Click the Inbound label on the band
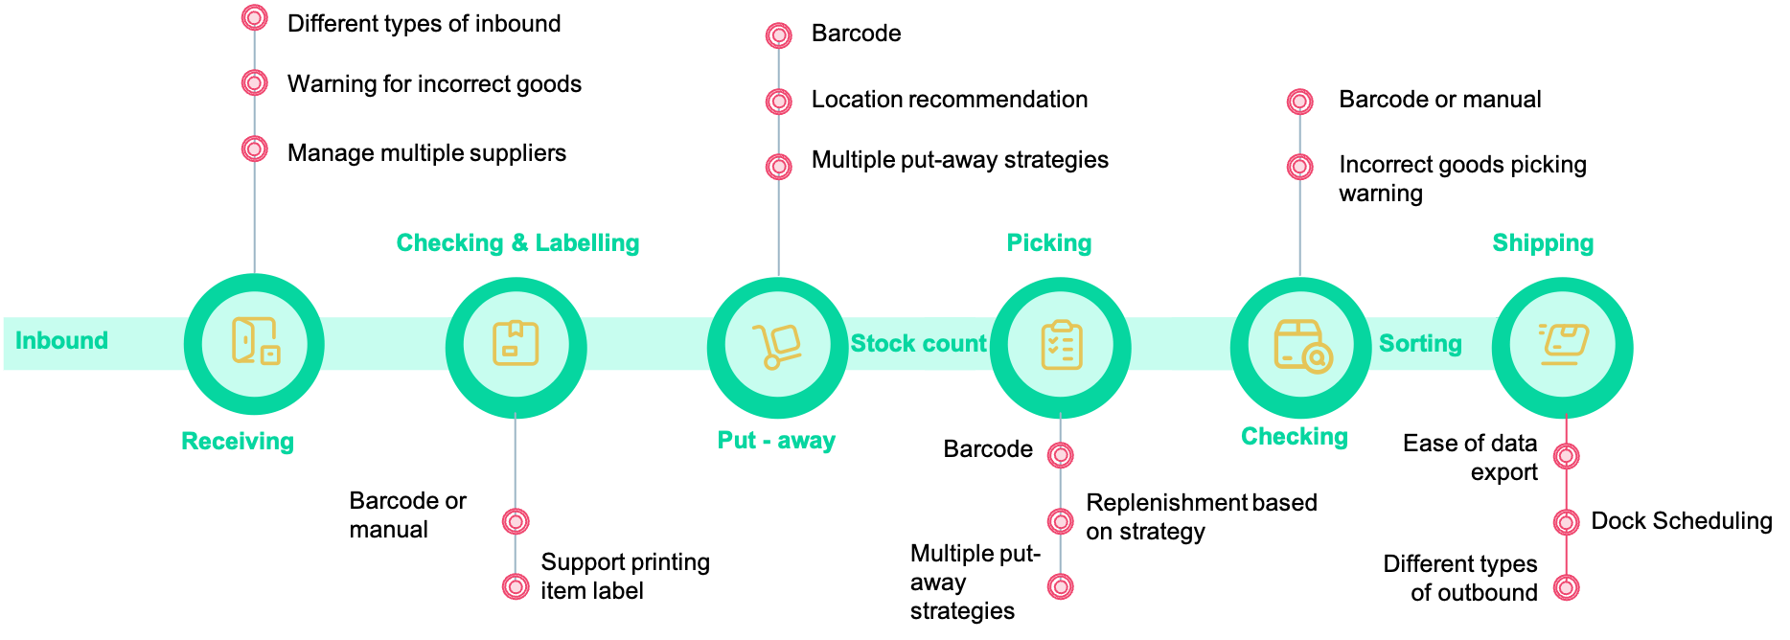coord(61,341)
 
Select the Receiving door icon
coord(255,342)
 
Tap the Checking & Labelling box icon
coord(516,344)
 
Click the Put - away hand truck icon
coord(777,346)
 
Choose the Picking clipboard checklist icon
coord(1061,345)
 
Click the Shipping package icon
coord(1563,345)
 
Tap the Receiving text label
coord(238,442)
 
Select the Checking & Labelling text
coord(517,243)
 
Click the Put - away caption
coord(776,441)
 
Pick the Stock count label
coord(918,344)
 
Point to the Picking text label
coord(1049,243)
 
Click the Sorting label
coord(1420,344)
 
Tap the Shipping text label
coord(1543,243)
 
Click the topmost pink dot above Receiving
coord(254,17)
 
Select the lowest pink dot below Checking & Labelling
coord(516,586)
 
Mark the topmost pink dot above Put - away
coord(779,35)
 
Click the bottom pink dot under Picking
coord(1060,586)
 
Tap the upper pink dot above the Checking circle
coord(1299,102)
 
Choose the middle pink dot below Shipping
coord(1566,522)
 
